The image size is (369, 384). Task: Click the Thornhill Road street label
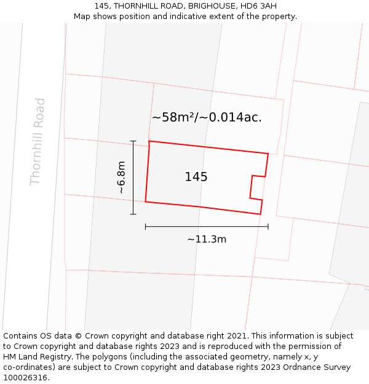pyautogui.click(x=38, y=141)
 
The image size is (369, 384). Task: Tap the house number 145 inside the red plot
pyautogui.click(x=196, y=177)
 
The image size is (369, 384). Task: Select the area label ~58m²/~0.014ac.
pyautogui.click(x=207, y=117)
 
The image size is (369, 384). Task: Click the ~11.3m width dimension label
pyautogui.click(x=207, y=240)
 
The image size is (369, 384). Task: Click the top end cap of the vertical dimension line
pyautogui.click(x=133, y=141)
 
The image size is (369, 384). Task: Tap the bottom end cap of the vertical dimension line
pyautogui.click(x=133, y=214)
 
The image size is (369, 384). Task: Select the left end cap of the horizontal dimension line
pyautogui.click(x=146, y=227)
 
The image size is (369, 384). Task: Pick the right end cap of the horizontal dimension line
pyautogui.click(x=268, y=227)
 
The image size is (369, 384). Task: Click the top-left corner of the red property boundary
pyautogui.click(x=149, y=141)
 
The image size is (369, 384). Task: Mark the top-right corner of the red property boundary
pyautogui.click(x=268, y=154)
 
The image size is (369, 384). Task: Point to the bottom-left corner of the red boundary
pyautogui.click(x=146, y=201)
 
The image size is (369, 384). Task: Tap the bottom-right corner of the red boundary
pyautogui.click(x=261, y=214)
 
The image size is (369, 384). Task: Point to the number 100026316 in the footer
pyautogui.click(x=25, y=378)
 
